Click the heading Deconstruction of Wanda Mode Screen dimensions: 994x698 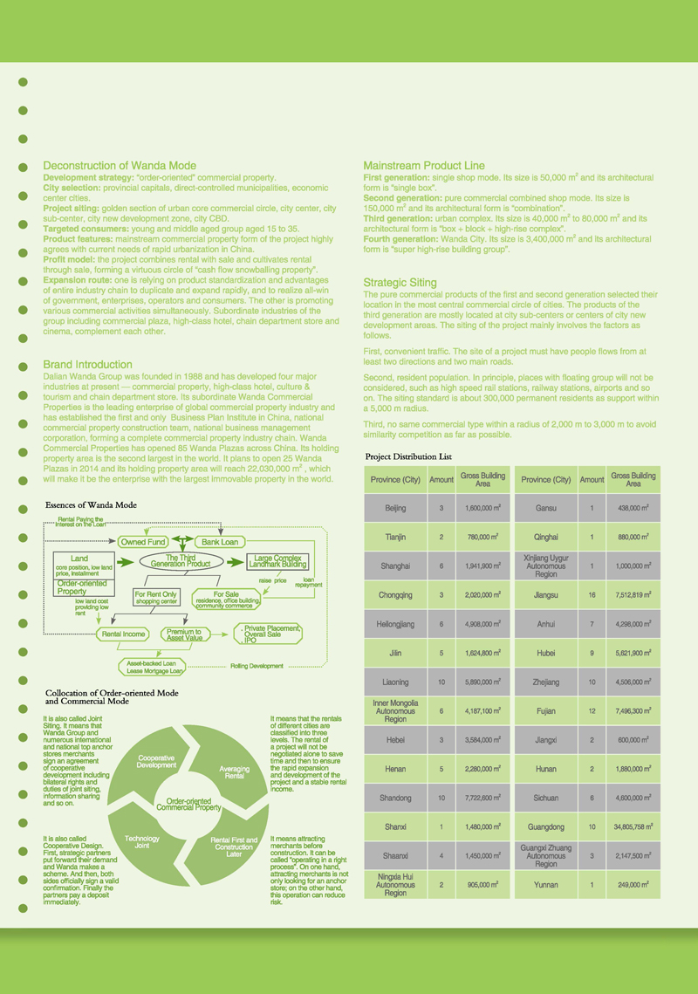pyautogui.click(x=120, y=166)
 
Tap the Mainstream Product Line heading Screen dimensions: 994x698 pyautogui.click(x=424, y=166)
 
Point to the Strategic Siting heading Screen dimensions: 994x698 pyautogui.click(x=400, y=283)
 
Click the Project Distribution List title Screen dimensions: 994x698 pyautogui.click(x=408, y=456)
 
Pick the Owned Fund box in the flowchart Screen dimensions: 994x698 pyautogui.click(x=143, y=542)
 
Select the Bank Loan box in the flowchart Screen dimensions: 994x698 pyautogui.click(x=217, y=542)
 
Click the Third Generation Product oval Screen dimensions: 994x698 pyautogui.click(x=180, y=562)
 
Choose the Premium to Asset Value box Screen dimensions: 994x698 pyautogui.click(x=184, y=634)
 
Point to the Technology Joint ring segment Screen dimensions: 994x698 pyautogui.click(x=142, y=842)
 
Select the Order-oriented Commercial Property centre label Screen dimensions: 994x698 pyautogui.click(x=188, y=804)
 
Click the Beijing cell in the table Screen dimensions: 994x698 pyautogui.click(x=394, y=508)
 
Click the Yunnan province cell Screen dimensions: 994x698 pyautogui.click(x=546, y=884)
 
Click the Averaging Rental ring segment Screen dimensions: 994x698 pyautogui.click(x=234, y=771)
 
